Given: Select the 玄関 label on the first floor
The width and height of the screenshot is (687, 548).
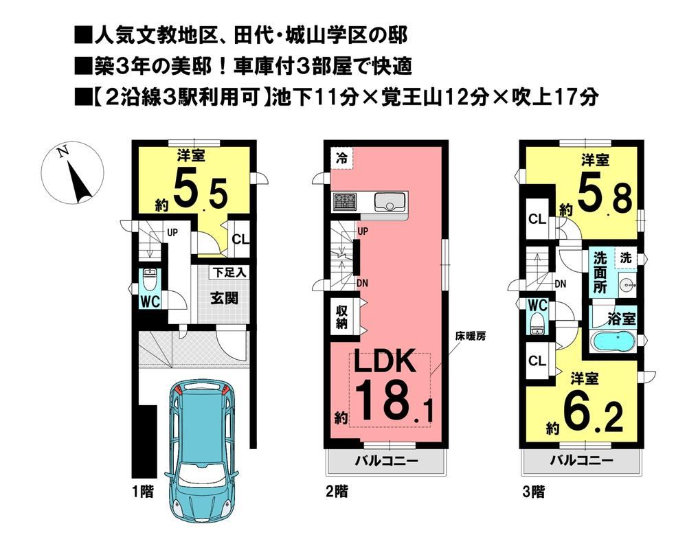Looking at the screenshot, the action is [x=225, y=298].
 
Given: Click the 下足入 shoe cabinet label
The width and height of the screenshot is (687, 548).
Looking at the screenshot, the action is [x=229, y=273].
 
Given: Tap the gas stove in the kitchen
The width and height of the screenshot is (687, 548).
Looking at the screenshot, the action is [x=346, y=202].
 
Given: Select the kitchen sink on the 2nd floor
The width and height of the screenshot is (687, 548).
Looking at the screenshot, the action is [x=390, y=203].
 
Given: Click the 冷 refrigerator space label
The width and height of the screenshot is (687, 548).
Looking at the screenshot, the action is [x=341, y=158].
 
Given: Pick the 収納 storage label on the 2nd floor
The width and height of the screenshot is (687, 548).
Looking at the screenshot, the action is [x=341, y=317].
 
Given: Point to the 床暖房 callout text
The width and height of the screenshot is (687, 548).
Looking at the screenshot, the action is [x=470, y=336].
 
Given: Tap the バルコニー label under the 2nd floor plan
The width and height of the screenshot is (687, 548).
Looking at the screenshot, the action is [x=386, y=461].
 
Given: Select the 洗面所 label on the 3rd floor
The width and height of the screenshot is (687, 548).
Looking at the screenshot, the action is [x=600, y=273].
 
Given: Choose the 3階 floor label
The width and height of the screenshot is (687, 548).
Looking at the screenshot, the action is [x=533, y=492].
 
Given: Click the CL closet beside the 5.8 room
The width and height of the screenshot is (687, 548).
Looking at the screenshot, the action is [x=537, y=218].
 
